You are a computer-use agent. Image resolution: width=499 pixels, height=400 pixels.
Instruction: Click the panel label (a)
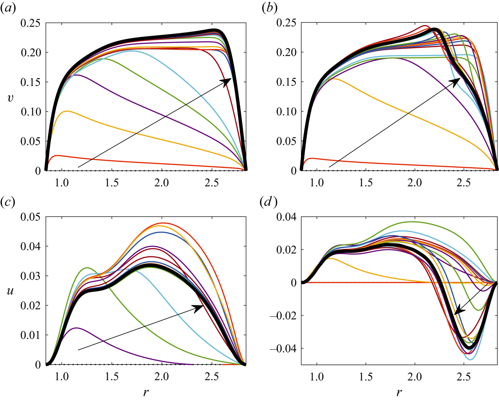click(8, 9)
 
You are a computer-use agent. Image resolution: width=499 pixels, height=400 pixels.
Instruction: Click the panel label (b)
click(269, 9)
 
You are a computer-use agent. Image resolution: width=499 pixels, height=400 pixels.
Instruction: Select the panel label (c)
click(8, 203)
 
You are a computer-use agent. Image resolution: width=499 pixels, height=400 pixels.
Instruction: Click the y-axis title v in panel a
click(10, 97)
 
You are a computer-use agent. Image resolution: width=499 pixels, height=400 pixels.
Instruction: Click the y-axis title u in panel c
click(10, 291)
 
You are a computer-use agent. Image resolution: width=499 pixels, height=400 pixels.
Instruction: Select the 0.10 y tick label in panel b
click(286, 112)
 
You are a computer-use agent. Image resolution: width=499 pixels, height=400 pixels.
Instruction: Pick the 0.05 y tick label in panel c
click(30, 217)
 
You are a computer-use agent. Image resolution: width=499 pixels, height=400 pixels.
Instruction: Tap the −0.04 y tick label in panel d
click(283, 349)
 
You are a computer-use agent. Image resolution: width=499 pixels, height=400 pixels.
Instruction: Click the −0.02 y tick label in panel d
click(283, 316)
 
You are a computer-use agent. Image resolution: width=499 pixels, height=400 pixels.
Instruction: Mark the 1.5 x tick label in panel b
click(366, 183)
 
